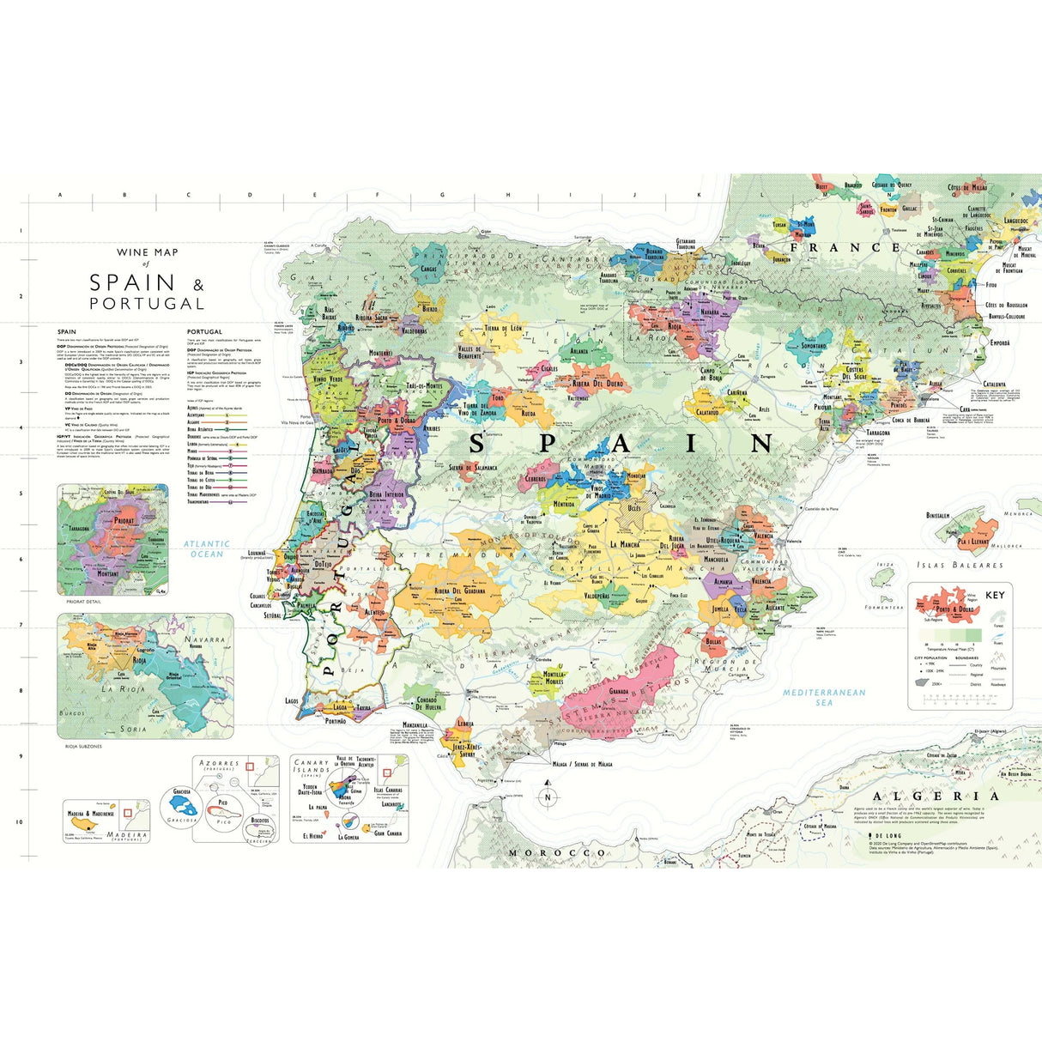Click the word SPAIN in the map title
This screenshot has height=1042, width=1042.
click(x=133, y=282)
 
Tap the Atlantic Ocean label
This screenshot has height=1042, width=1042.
click(x=207, y=548)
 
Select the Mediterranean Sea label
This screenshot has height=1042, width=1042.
click(x=824, y=697)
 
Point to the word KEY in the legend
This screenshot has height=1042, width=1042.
click(x=995, y=595)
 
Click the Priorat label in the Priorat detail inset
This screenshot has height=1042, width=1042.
click(x=124, y=520)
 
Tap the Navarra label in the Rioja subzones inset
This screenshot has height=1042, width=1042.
click(x=204, y=639)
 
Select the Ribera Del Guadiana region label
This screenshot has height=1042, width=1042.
click(x=460, y=591)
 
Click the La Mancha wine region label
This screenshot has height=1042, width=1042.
click(x=625, y=544)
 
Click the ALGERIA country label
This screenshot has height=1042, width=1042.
click(x=935, y=796)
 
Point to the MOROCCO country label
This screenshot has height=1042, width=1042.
click(x=557, y=853)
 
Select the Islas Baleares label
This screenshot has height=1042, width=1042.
click(x=960, y=565)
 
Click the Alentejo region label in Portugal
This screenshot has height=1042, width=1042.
click(x=374, y=612)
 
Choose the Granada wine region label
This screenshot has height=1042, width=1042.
click(x=620, y=691)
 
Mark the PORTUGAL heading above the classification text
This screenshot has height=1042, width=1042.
click(x=204, y=331)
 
